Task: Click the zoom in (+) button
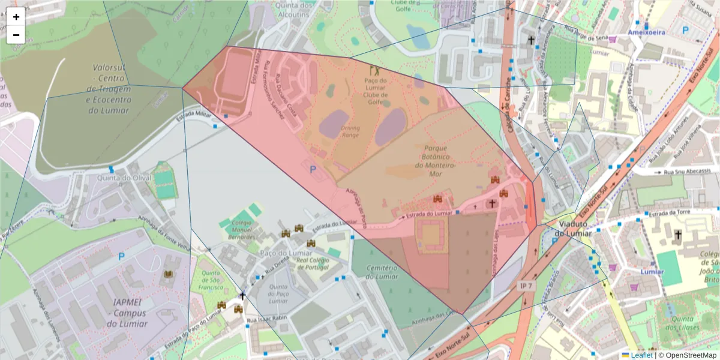pyautogui.click(x=16, y=17)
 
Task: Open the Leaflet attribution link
pyautogui.click(x=641, y=355)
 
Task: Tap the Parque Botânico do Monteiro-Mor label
pyautogui.click(x=440, y=160)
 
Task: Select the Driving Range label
pyautogui.click(x=350, y=131)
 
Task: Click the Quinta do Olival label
pyautogui.click(x=117, y=178)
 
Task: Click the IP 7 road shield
pyautogui.click(x=526, y=287)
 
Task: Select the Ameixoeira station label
pyautogui.click(x=647, y=32)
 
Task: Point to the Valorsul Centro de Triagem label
pyautogui.click(x=108, y=89)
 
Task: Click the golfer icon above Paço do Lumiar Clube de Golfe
pyautogui.click(x=375, y=70)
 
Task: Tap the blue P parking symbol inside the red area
pyautogui.click(x=313, y=170)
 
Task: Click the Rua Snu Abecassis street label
pyautogui.click(x=684, y=172)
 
